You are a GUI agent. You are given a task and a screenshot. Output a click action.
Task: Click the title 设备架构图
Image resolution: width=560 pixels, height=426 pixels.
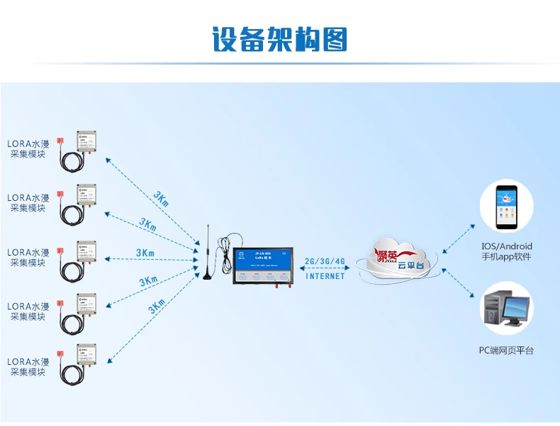280,39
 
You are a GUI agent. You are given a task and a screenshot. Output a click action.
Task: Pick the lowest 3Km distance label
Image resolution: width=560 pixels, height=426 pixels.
157,307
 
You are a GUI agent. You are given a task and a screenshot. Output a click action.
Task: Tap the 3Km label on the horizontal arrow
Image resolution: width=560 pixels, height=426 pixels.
145,253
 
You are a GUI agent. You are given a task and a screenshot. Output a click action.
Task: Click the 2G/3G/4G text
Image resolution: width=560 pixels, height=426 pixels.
325,261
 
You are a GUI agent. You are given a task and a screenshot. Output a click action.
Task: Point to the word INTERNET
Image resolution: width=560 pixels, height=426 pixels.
325,276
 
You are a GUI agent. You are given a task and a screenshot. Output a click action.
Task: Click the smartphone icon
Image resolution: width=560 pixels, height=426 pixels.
505,208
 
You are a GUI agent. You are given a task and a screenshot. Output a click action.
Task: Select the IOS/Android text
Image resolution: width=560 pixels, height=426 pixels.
506,246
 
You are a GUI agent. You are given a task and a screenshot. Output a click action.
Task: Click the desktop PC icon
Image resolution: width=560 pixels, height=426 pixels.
505,309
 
